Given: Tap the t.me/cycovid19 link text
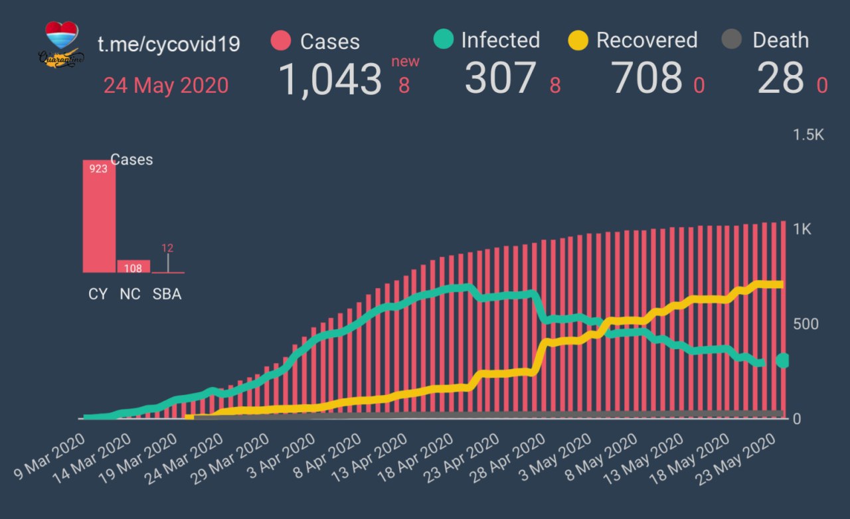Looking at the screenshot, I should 169,44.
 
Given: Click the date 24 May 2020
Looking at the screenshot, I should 165,86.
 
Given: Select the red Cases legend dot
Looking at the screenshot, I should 282,41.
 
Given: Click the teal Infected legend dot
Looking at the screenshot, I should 443,40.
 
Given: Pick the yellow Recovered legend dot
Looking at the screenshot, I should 578,40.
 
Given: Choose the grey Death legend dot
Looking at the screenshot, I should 731,40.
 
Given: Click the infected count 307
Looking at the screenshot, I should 499,79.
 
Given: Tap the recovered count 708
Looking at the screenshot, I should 647,79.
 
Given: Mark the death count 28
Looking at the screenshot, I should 780,79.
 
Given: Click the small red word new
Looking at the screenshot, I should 404,62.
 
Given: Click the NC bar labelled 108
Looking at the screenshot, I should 133,266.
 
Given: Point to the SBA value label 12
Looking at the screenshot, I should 167,248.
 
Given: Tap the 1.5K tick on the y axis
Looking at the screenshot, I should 808,135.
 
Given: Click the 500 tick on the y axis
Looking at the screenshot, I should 806,324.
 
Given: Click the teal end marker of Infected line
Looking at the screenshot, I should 783,360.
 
